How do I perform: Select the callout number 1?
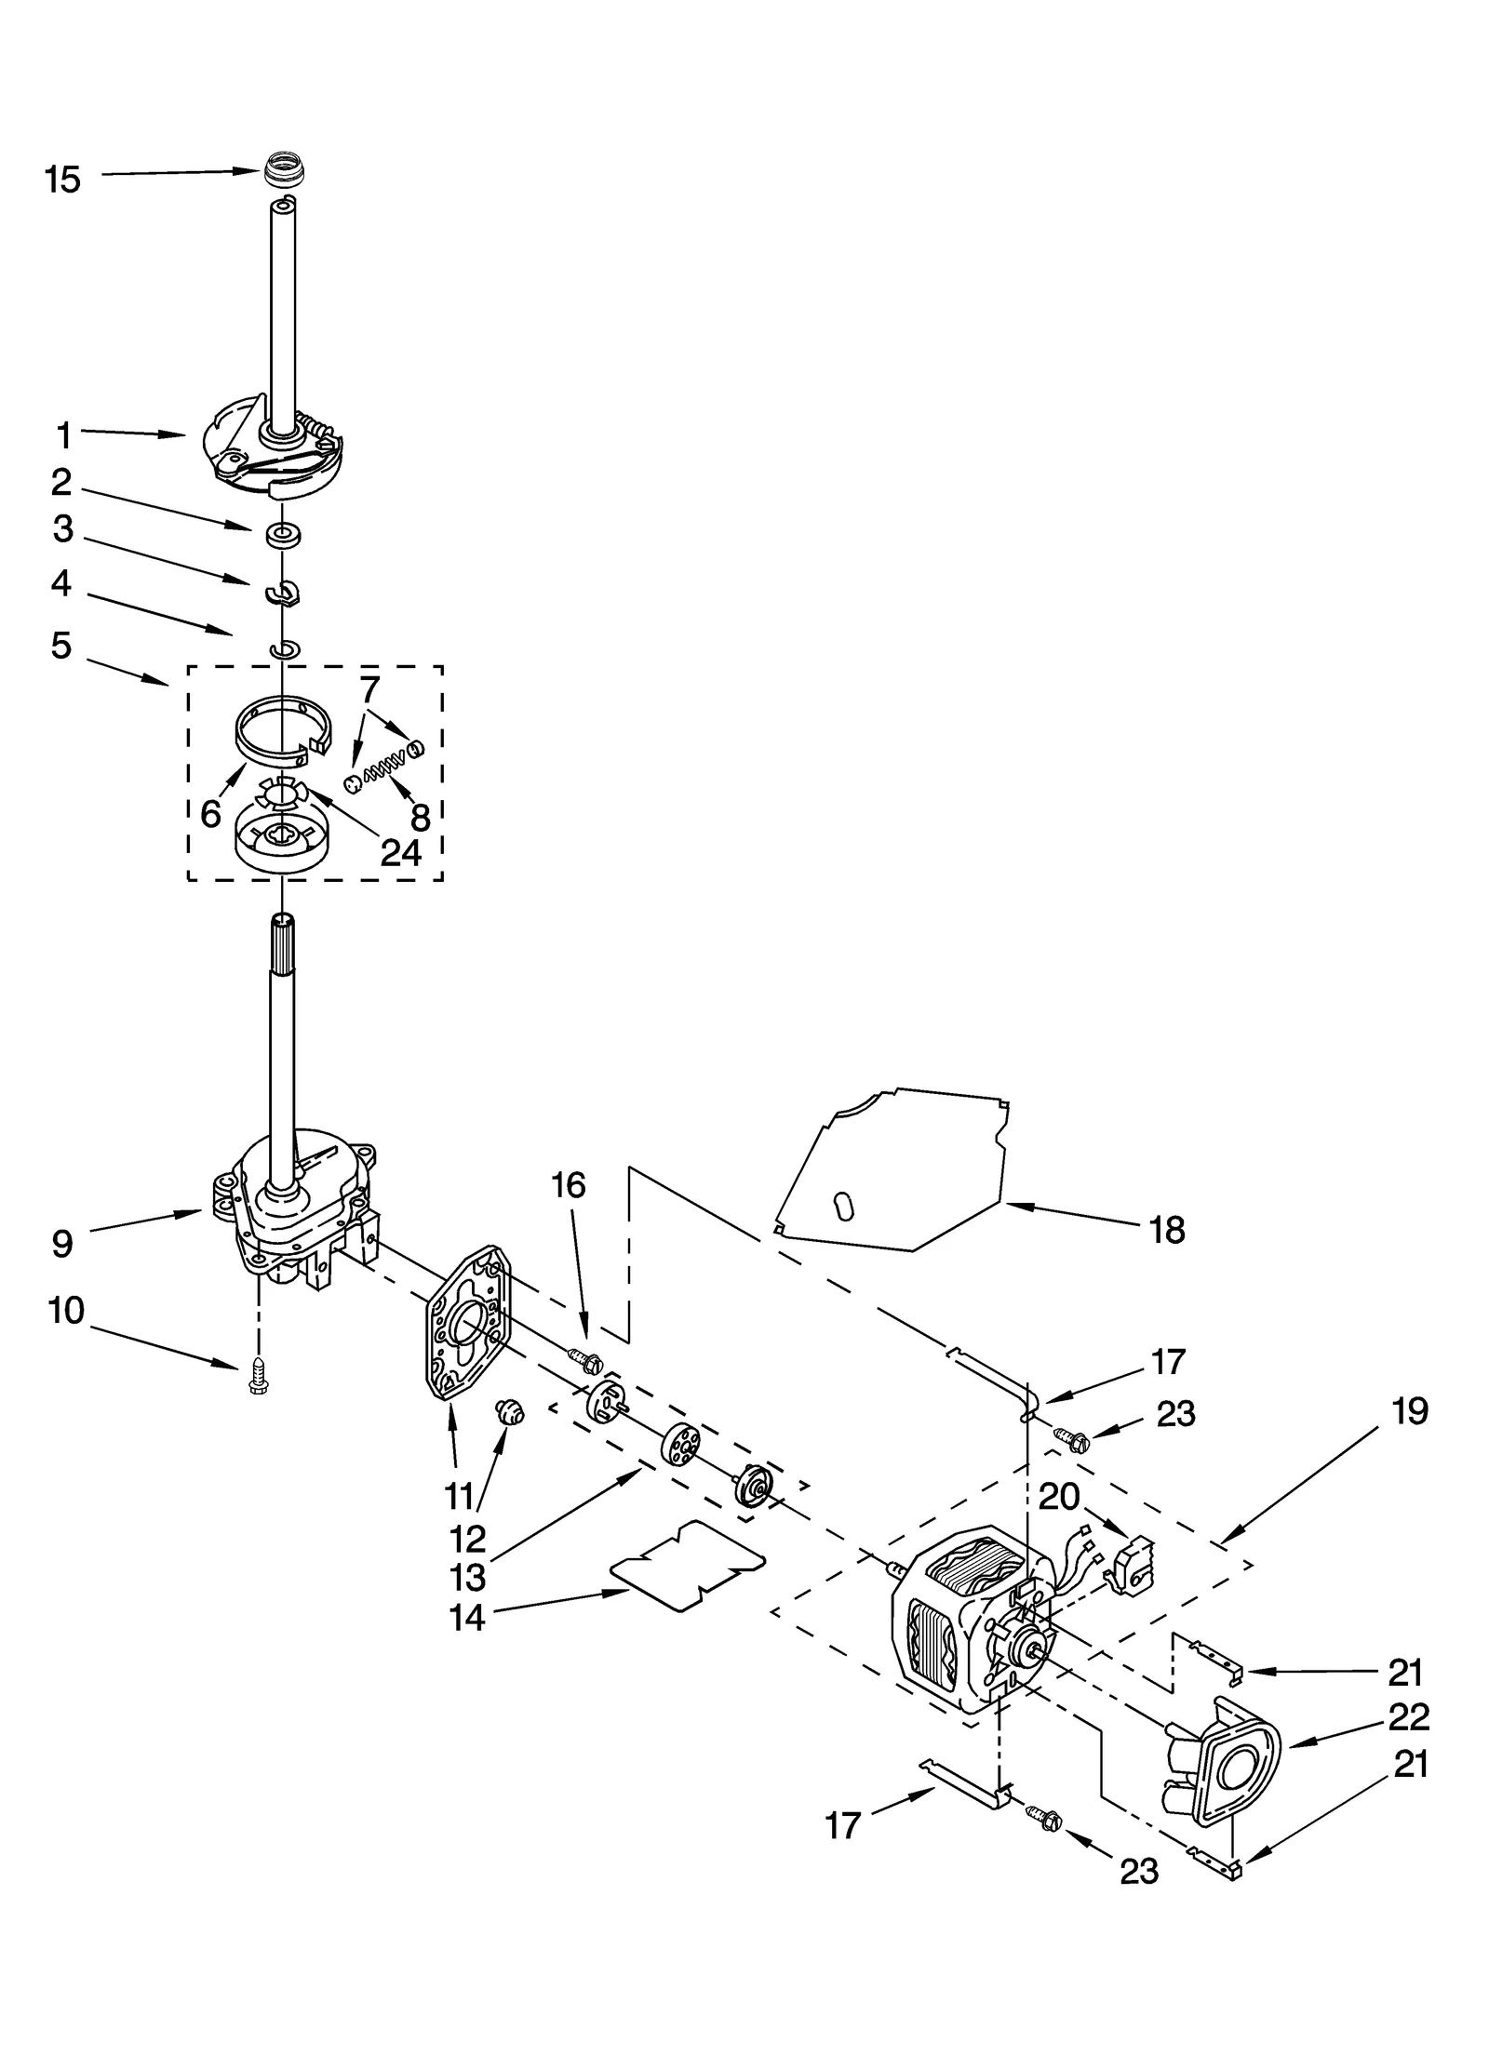click(64, 434)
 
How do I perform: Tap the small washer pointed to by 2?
click(283, 536)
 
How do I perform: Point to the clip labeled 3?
click(283, 592)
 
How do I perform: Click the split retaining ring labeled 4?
click(283, 648)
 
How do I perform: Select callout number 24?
click(401, 852)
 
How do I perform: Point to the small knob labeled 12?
click(510, 1414)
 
